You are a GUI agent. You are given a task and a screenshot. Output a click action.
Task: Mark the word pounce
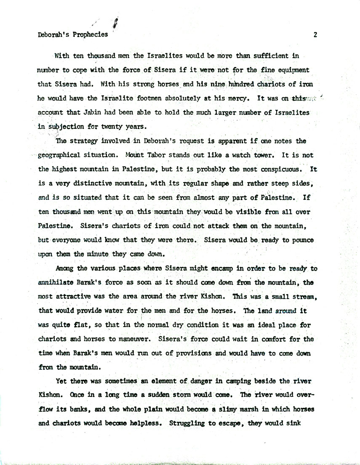301,240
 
